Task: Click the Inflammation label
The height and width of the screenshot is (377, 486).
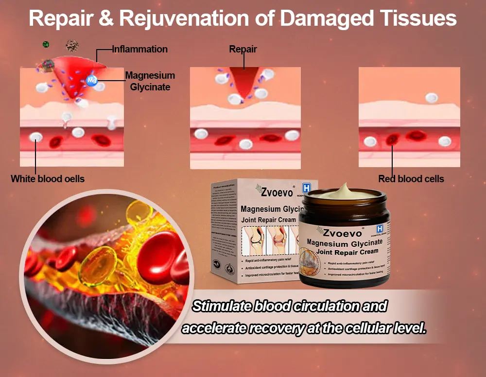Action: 140,49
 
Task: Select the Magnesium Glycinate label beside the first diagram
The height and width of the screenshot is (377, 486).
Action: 150,81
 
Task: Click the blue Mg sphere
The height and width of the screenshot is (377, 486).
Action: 92,81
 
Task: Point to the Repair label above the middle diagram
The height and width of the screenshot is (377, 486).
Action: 243,49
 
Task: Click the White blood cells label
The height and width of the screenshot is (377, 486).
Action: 48,179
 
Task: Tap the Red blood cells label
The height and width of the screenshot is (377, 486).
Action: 411,179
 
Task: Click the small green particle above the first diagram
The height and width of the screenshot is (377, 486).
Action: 46,44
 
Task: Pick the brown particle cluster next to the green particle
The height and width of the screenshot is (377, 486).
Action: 72,46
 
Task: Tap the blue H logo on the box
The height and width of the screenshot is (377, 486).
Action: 306,188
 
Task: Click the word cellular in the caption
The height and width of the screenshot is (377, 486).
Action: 365,328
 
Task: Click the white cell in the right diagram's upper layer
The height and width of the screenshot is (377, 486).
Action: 432,98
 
